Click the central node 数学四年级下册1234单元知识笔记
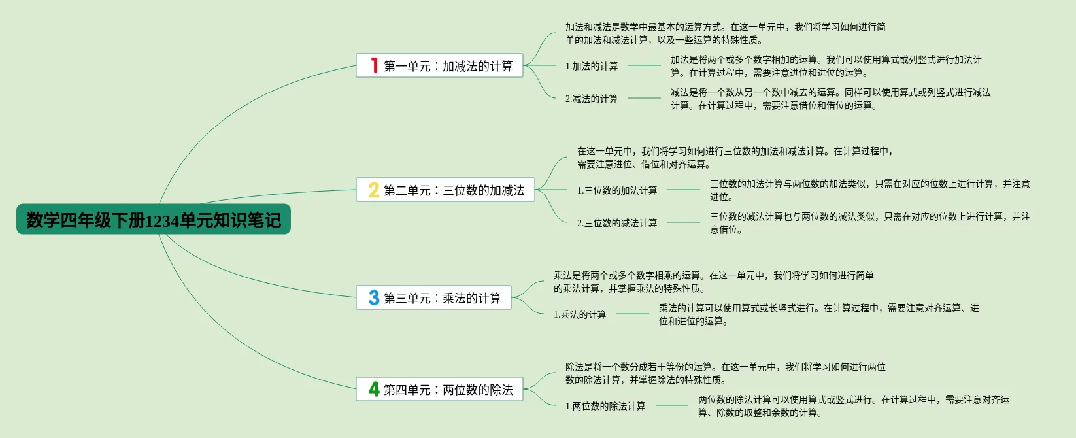coord(153,220)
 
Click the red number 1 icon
coord(374,65)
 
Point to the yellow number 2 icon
coord(374,190)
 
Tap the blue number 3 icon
coord(374,297)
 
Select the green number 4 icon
coord(374,389)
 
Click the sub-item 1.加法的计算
coord(592,66)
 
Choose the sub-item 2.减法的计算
coord(592,99)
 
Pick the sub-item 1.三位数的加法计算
coord(617,190)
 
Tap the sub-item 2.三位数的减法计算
coord(617,223)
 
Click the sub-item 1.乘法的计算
coord(580,314)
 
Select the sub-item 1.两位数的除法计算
coord(605,406)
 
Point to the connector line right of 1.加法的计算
coord(644,65)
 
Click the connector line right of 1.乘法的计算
coord(632,314)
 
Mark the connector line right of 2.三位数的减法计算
coord(683,222)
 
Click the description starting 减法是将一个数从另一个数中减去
coord(830,99)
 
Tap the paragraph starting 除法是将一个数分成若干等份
coord(725,373)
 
